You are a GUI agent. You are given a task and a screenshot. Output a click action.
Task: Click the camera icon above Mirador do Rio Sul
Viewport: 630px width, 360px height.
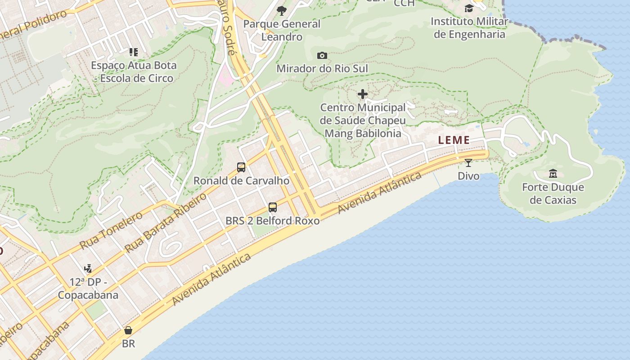coord(322,55)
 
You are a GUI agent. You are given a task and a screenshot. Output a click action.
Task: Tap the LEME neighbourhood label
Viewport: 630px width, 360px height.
coord(454,140)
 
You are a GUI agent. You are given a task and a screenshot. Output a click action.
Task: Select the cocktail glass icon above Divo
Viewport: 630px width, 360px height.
coord(468,162)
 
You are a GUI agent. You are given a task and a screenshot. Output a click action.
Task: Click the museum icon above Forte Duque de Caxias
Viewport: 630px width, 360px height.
coord(553,173)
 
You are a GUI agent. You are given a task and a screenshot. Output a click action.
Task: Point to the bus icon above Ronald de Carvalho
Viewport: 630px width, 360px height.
coord(241,167)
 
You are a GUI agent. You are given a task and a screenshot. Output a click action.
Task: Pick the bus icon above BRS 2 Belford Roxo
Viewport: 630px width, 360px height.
coord(273,207)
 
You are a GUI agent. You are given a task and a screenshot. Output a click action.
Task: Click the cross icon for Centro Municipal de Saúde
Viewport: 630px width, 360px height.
coord(363,94)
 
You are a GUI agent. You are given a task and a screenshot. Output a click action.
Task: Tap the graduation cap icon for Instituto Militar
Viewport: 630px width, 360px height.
coord(469,8)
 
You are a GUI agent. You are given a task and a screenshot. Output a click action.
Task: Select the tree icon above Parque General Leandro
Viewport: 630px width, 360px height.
coord(282,10)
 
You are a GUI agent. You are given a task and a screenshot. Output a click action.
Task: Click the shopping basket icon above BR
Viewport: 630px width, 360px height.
coord(128,331)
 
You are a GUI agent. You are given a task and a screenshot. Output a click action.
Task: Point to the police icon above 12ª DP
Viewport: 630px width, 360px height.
coord(88,269)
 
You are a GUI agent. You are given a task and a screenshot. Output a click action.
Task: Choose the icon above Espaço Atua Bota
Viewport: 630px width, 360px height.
coord(134,52)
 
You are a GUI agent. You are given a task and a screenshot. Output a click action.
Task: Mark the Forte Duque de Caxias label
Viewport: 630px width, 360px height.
coord(553,193)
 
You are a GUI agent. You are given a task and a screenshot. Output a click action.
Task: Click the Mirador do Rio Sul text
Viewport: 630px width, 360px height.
coord(322,68)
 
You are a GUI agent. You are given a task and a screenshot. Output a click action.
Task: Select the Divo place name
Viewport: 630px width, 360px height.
coord(468,175)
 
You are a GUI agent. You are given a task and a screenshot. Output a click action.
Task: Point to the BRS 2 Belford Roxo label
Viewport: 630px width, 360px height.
coord(273,220)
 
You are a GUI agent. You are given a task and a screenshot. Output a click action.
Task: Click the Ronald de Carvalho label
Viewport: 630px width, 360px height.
coord(241,181)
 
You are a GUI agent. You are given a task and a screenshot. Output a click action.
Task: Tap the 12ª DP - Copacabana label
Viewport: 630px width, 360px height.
coord(88,289)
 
